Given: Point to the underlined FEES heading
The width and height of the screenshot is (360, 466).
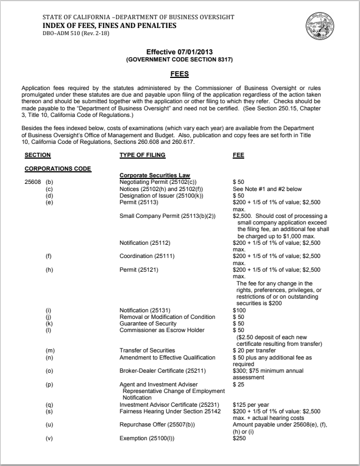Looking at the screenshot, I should [x=180, y=73].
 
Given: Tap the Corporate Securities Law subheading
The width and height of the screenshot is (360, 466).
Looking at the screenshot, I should [x=151, y=175].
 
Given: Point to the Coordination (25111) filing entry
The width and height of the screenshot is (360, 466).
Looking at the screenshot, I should [x=145, y=256].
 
